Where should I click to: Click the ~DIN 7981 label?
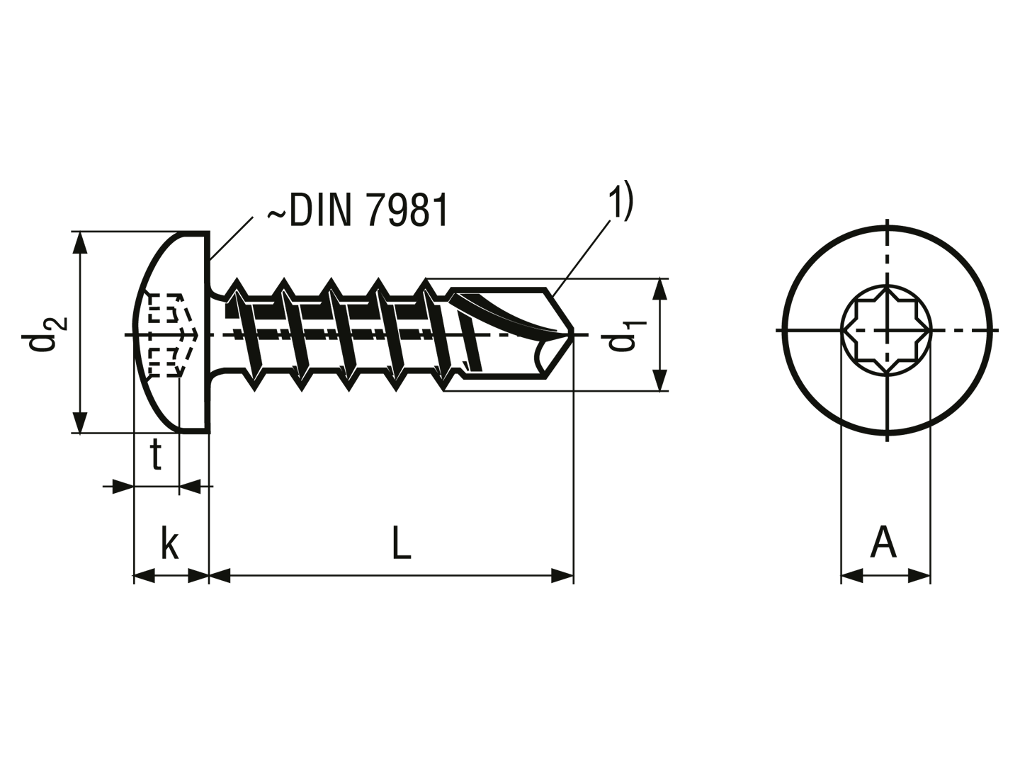coord(357,210)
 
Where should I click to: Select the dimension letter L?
coord(402,542)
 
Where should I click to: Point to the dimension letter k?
coord(170,542)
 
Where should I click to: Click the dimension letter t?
coord(156,455)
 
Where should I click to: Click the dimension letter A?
coord(883,542)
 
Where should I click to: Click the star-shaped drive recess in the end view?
coord(886,330)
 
